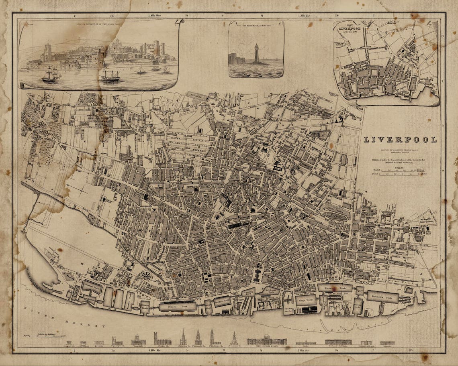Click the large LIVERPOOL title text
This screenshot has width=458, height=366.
[400, 140]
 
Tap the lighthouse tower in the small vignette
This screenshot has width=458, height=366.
[256, 54]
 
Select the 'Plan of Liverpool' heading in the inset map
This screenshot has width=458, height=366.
[346, 28]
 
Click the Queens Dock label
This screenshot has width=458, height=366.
[334, 287]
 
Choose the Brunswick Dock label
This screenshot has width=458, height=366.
[382, 297]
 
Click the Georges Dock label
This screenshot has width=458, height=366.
[222, 301]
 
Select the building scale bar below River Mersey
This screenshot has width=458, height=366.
[44, 335]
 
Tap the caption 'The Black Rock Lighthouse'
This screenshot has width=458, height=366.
[256, 25]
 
